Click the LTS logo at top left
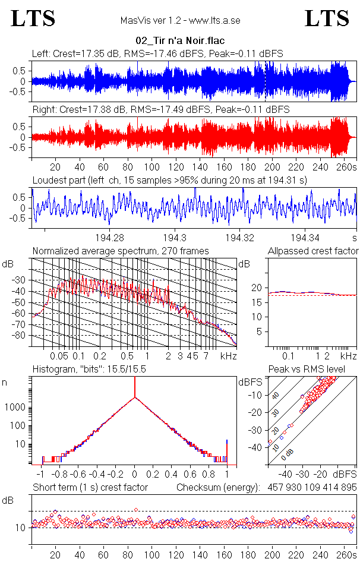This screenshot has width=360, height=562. tap(33, 18)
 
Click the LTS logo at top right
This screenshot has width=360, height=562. tap(327, 18)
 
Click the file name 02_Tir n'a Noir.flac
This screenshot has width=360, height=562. tap(180, 41)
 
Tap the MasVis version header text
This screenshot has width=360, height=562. tap(180, 21)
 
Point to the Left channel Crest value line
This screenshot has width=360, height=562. tap(157, 53)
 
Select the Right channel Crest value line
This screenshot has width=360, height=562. tap(160, 110)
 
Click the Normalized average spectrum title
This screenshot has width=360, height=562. tap(121, 251)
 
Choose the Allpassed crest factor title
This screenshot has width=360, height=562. tap(313, 251)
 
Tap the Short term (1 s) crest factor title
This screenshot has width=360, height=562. tap(90, 487)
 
